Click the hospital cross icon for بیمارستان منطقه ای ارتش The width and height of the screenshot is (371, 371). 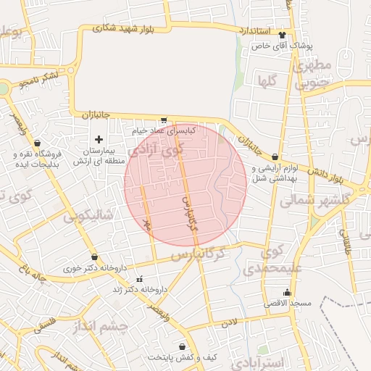coord(99,138)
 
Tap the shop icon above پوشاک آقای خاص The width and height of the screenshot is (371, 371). coord(282,35)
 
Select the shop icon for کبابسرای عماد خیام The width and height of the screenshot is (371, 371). coord(164,121)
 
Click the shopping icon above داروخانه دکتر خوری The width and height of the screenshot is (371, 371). coord(94,257)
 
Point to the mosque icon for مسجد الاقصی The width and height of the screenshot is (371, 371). coord(288,293)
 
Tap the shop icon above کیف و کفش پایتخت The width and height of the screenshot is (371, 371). coord(191,347)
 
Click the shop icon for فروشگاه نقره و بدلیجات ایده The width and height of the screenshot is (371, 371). coord(37,143)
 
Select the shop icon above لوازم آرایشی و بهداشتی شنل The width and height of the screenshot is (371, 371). coord(275,157)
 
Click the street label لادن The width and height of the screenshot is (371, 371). coord(230,320)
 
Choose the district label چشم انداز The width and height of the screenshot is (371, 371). coord(101,327)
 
